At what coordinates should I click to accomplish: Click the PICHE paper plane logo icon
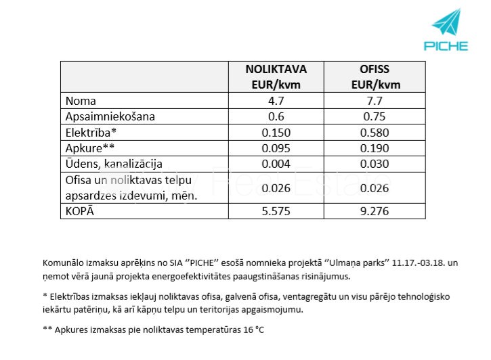coord(446,23)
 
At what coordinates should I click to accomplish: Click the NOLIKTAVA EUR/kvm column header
coord(276,76)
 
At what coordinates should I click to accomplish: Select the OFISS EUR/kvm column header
coord(375,76)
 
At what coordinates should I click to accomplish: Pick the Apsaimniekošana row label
coord(110,116)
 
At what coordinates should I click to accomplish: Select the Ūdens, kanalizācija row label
coord(114,164)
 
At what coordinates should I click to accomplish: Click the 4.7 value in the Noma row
coord(276,101)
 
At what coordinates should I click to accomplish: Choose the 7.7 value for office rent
coord(375,101)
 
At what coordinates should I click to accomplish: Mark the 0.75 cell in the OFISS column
coord(375,116)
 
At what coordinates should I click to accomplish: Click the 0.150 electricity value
coord(276,132)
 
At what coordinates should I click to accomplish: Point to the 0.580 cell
coord(375,132)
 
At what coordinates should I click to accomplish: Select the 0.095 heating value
coord(276,148)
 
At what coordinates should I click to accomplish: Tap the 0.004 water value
coord(276,164)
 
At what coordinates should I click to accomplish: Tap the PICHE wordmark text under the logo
coord(446,46)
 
